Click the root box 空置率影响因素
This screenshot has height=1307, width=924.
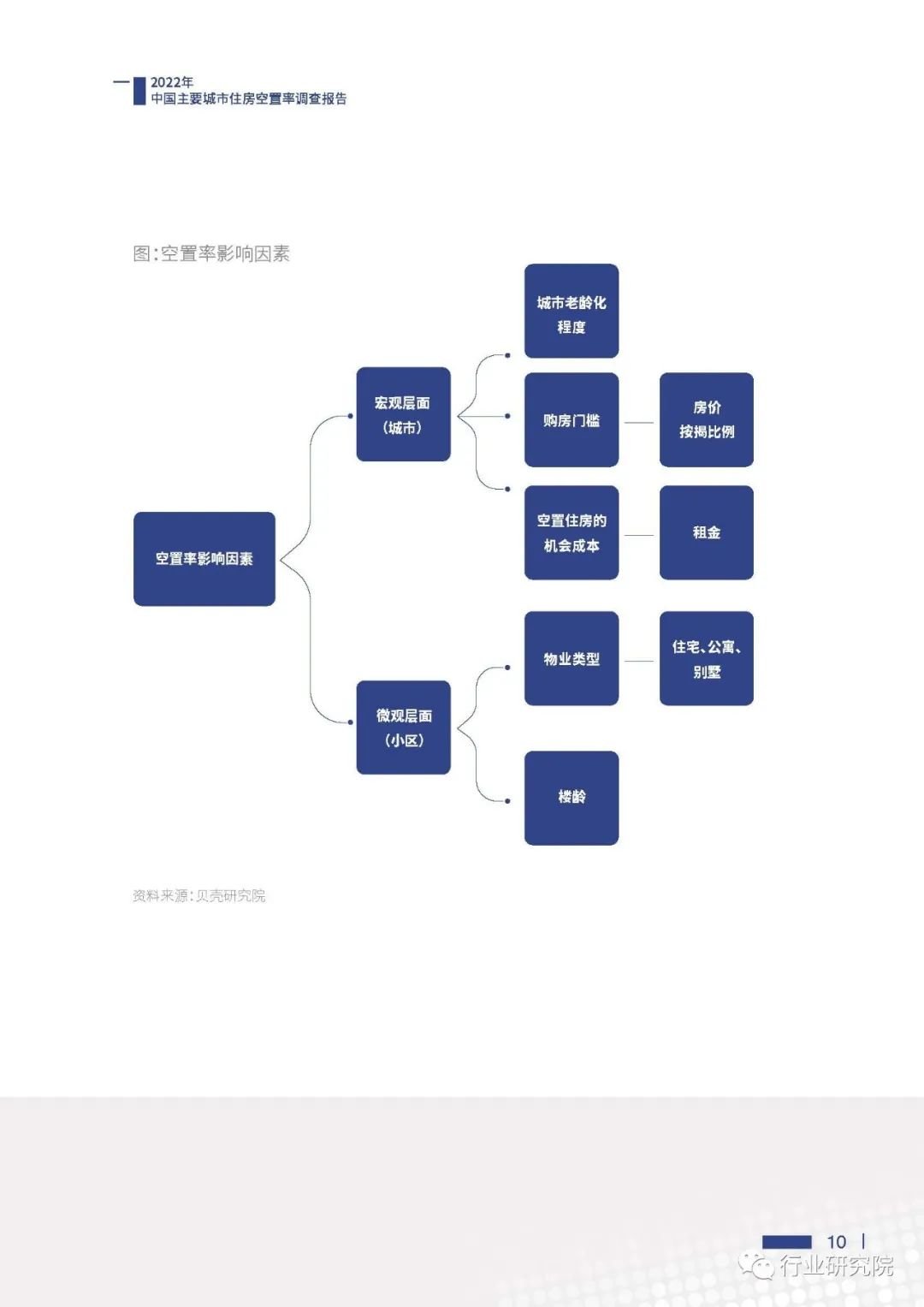pos(204,559)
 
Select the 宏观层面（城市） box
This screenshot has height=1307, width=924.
pos(403,414)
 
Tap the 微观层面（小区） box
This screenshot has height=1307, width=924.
pos(403,728)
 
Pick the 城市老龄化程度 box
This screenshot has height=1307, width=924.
pos(572,311)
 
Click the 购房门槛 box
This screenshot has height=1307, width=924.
pos(572,419)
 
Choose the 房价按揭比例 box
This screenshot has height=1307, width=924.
pos(707,419)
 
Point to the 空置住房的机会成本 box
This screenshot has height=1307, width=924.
pos(572,532)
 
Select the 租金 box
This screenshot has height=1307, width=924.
pos(707,532)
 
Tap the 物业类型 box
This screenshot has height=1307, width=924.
pos(572,658)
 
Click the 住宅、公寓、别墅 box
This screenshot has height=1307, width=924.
pos(707,658)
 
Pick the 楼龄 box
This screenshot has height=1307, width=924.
pos(572,798)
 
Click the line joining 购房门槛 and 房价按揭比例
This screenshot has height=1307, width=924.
pos(639,422)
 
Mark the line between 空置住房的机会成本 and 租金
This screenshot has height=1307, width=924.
pos(639,535)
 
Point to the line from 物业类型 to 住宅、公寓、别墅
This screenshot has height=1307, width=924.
pos(639,661)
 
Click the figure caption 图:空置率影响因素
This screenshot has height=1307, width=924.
pos(211,253)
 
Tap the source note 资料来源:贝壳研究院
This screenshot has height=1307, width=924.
pos(198,895)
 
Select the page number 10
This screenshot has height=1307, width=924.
pos(836,1241)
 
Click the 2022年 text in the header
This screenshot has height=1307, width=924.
pos(172,82)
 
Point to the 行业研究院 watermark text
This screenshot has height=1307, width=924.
pos(836,1266)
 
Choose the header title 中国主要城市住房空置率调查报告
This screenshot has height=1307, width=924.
pos(249,98)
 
